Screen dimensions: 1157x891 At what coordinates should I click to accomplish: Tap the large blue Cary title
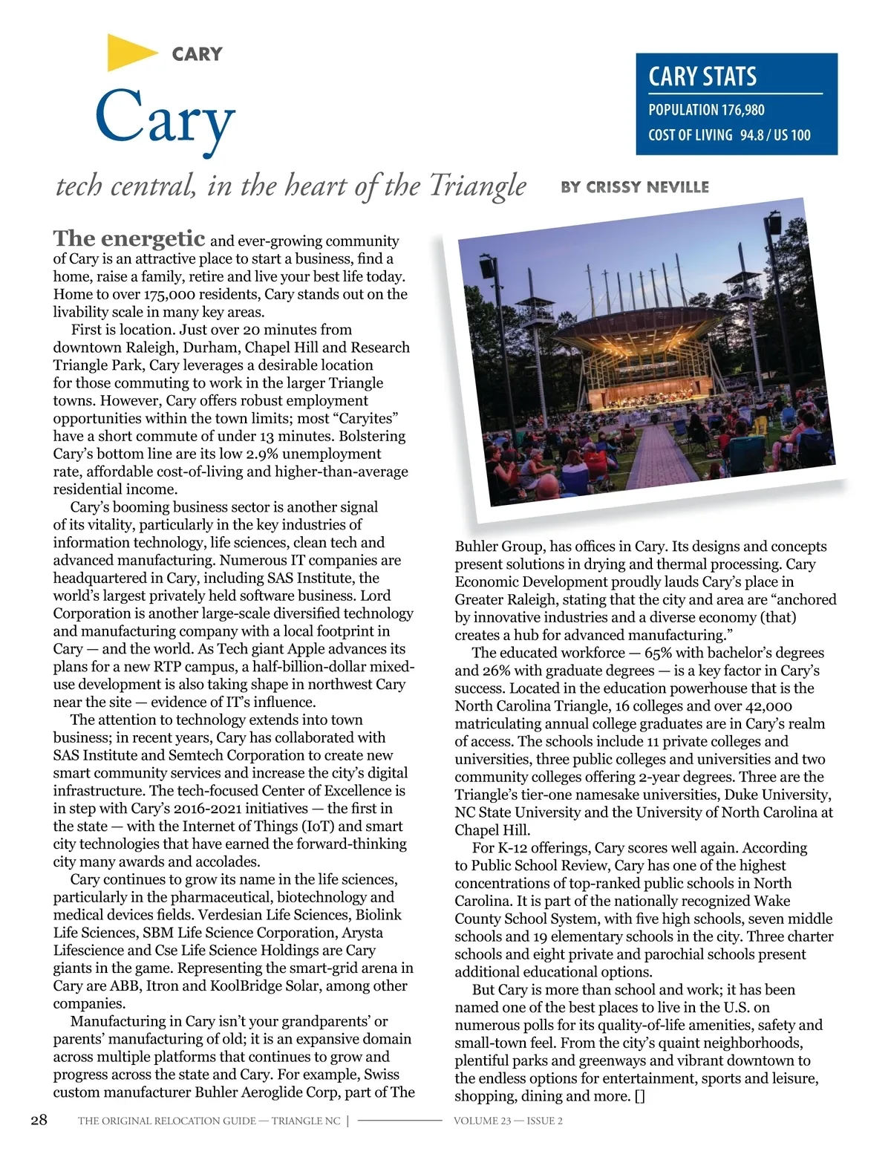coord(165,119)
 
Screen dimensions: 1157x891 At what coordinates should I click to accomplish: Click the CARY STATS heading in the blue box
coord(702,76)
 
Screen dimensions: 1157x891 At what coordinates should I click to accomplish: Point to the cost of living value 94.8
coord(752,135)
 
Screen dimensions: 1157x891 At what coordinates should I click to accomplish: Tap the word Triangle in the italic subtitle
coord(478,186)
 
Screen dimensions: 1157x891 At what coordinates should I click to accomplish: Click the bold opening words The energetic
coord(129,238)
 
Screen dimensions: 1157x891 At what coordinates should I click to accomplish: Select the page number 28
coord(39,1120)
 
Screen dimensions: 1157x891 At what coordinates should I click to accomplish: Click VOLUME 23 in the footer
coord(482,1121)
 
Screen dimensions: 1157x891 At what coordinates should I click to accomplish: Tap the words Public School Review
coord(541,865)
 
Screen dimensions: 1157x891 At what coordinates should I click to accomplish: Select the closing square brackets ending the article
coord(640,1096)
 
